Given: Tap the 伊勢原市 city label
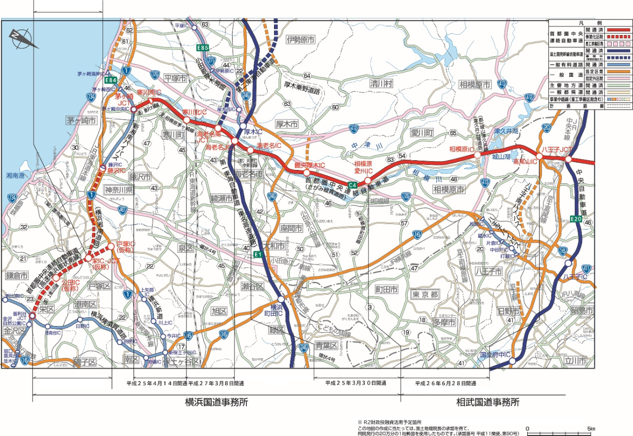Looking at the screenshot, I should tap(301, 41).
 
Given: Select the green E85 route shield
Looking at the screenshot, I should tap(202, 48).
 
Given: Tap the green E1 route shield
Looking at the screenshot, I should tap(257, 254).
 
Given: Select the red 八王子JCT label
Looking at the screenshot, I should tap(557, 148).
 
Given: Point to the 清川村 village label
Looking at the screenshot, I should tap(381, 84).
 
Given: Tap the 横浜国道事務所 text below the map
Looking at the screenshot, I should tap(216, 402).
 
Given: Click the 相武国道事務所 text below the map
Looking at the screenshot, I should tap(488, 402).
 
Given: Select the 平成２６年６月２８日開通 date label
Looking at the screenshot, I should tap(446, 383).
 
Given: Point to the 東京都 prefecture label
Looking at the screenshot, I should tap(425, 294).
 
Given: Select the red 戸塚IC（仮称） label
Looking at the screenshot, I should tap(126, 247).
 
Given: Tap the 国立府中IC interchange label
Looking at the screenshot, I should tap(495, 354).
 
